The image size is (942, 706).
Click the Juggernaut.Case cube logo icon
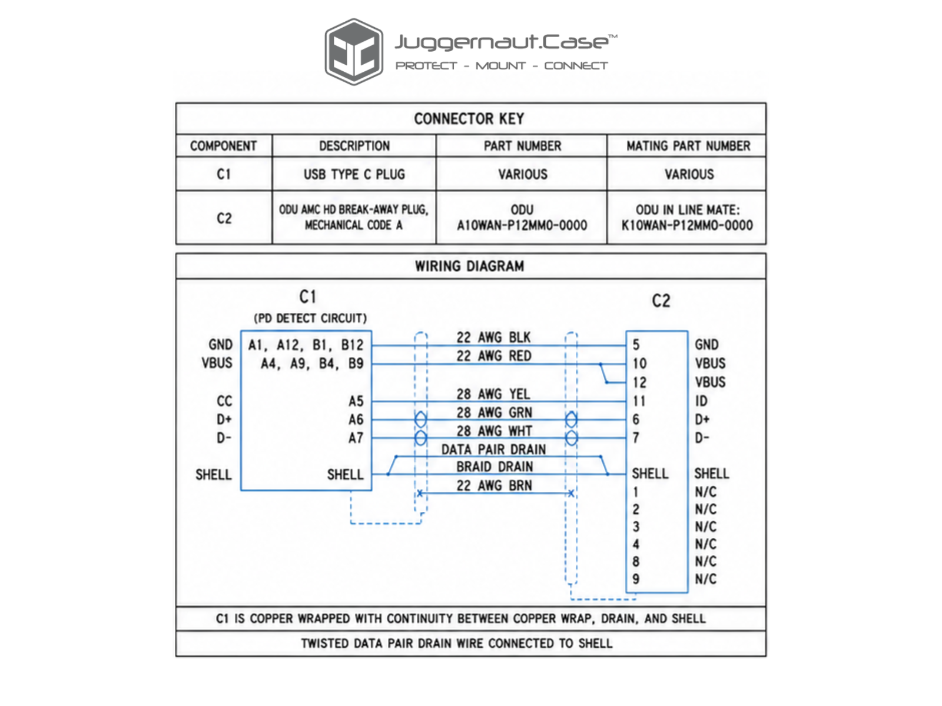coord(354,52)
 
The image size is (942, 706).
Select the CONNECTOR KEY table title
coord(469,119)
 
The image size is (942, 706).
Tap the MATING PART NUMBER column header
coord(688,146)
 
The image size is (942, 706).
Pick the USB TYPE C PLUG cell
coord(354,175)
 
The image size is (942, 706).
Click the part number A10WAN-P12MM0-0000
coord(522,225)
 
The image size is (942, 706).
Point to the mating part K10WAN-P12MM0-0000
coord(687,225)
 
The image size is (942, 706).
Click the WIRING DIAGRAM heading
coord(469,266)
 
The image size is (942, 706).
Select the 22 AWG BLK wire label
coord(493,338)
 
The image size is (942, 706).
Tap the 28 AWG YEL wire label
coord(493,394)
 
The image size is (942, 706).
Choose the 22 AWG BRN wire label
coord(495,486)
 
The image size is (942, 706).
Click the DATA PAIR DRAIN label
coord(494,449)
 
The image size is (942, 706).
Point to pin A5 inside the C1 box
coord(356,401)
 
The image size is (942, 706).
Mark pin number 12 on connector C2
coord(639,382)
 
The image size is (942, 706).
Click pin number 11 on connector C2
coord(639,401)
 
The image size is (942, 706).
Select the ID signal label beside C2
coord(701,401)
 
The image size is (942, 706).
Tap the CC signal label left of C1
coord(224,401)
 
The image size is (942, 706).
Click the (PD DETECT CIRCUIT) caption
coord(310,318)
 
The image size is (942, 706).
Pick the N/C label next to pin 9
coord(706,579)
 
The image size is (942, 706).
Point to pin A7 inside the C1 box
coord(356,438)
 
